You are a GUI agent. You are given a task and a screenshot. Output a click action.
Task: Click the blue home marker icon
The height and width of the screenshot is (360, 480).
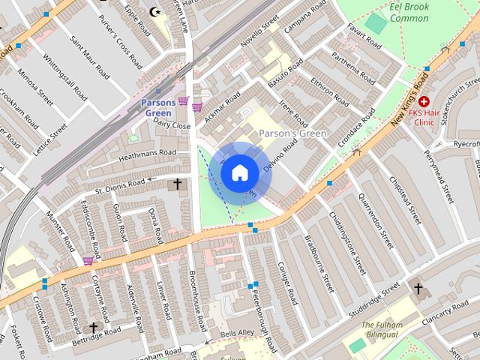click(238, 172)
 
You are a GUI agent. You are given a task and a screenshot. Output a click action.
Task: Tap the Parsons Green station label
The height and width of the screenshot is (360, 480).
click(157, 107)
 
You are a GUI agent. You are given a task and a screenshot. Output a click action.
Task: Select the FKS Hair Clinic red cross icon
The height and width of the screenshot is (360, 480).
click(424, 101)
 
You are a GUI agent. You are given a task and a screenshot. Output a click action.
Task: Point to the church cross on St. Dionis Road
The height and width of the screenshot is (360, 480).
click(178, 184)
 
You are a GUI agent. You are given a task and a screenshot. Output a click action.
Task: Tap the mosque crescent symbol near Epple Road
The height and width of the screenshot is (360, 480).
click(155, 12)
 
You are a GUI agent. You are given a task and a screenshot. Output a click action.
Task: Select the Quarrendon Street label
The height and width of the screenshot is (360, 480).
click(376, 217)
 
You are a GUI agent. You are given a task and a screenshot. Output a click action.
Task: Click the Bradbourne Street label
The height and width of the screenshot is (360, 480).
click(319, 263)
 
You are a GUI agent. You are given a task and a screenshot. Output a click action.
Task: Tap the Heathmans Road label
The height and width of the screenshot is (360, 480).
click(147, 154)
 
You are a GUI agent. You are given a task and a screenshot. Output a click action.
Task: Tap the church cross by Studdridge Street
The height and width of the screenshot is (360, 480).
click(418, 288)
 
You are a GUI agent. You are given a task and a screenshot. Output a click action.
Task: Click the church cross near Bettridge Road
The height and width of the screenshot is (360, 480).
click(94, 328)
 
